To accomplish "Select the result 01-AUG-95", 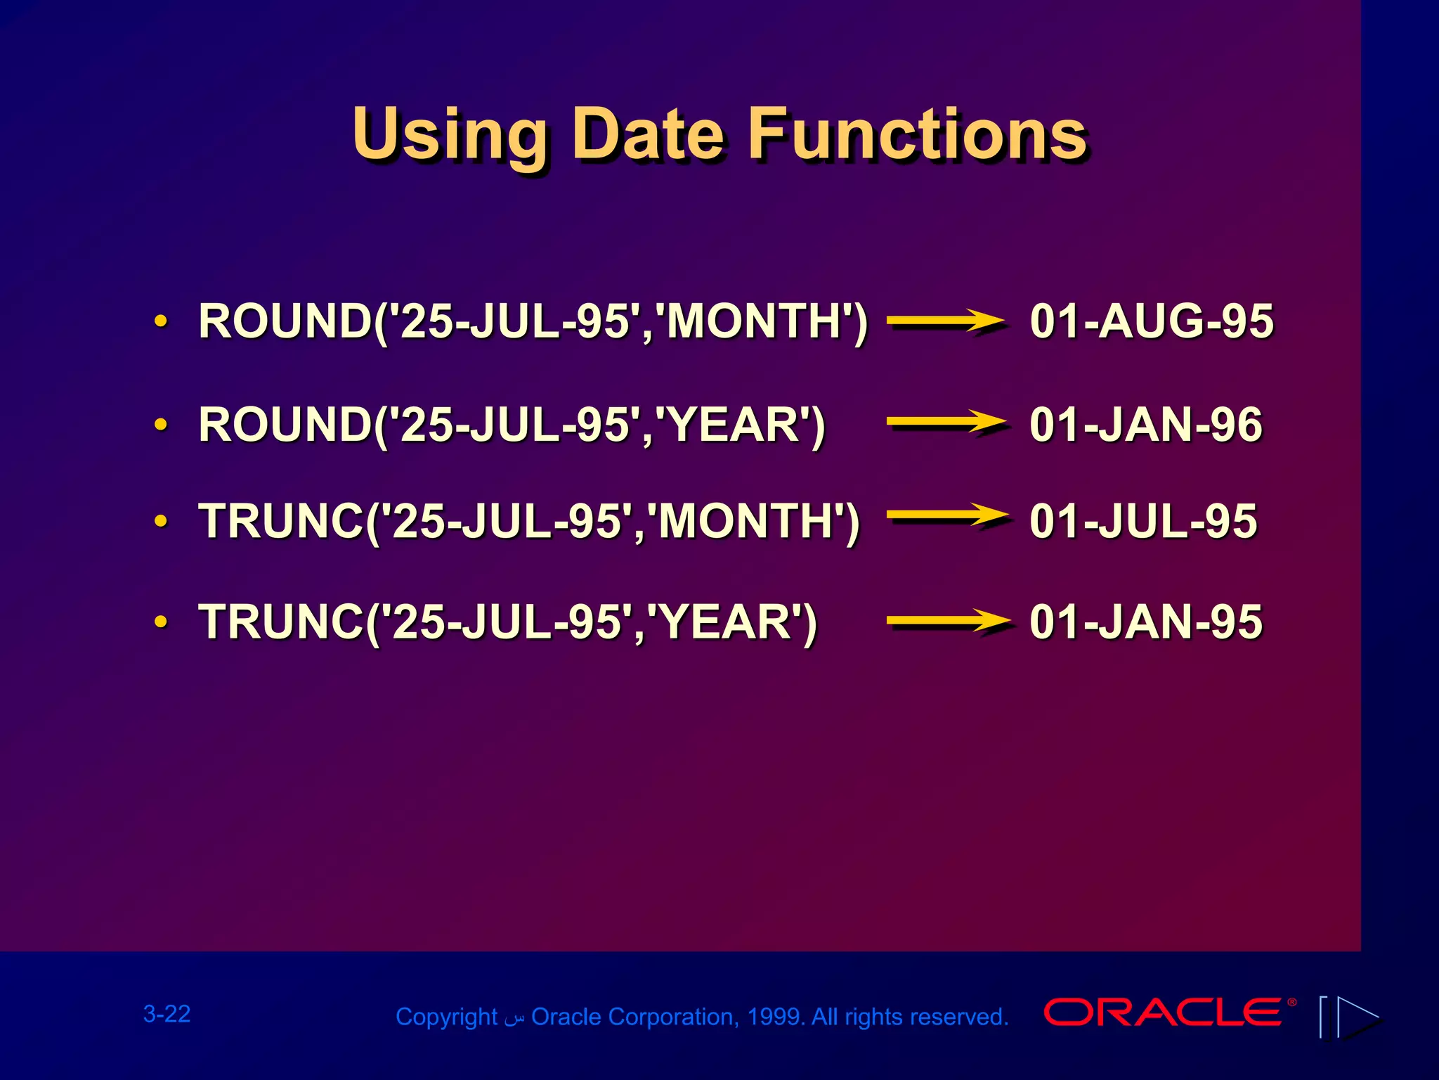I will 1151,321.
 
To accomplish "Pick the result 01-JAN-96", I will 1145,425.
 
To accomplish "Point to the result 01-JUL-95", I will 1142,521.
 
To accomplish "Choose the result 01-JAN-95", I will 1145,622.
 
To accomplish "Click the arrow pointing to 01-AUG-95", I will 946,321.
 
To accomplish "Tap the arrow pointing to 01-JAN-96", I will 946,423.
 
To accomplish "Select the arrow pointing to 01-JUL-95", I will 946,515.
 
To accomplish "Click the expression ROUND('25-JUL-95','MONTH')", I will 533,321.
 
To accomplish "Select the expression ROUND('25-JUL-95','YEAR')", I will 512,425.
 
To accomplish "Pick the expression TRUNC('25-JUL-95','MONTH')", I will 528,521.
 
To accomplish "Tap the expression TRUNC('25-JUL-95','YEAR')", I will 507,622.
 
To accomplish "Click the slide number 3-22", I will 167,1014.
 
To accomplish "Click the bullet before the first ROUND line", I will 161,321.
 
